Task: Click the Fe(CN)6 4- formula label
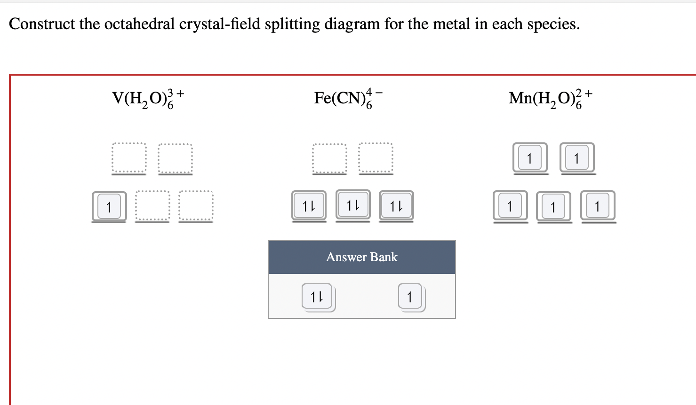click(348, 98)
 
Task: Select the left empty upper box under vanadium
click(129, 158)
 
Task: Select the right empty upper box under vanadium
click(175, 158)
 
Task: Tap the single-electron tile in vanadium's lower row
click(109, 206)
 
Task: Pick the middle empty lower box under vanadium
click(152, 206)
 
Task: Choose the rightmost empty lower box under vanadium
click(196, 206)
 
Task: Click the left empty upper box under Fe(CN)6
click(329, 158)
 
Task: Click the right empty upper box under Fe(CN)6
click(376, 158)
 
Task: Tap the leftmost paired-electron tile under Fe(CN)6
click(309, 205)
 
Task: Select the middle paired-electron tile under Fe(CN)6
click(353, 204)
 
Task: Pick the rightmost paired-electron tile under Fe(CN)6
click(396, 205)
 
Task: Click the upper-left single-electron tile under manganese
click(530, 158)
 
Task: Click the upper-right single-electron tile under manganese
click(577, 158)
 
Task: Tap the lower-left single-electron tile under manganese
click(510, 206)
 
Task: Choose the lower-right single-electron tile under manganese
click(598, 206)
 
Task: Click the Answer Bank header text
click(362, 257)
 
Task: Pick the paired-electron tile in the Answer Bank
click(318, 296)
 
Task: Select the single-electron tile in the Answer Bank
click(410, 296)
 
